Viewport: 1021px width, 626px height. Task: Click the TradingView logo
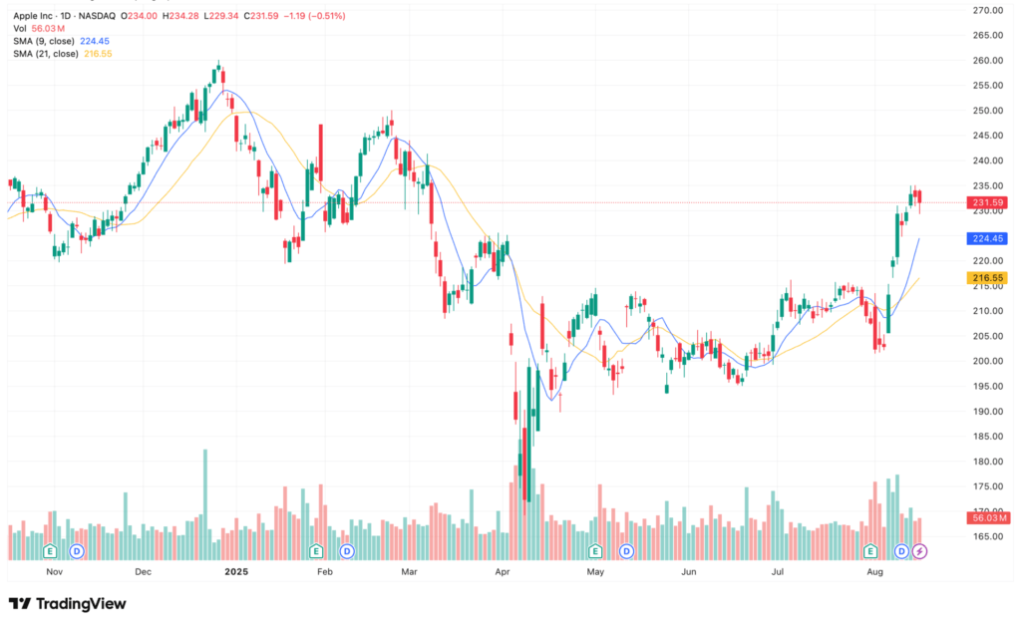(67, 603)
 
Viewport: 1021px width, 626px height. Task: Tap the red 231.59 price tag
(988, 203)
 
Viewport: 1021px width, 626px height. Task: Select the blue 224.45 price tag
(988, 239)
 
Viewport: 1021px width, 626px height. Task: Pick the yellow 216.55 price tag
(988, 278)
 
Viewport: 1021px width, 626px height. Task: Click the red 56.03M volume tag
(988, 517)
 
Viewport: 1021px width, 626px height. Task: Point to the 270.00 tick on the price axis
(987, 10)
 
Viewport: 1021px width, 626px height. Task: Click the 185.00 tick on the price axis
(987, 437)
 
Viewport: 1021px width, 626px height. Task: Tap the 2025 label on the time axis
(236, 572)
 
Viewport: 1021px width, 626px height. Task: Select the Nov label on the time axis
(55, 572)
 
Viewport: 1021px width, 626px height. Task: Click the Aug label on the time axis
(875, 572)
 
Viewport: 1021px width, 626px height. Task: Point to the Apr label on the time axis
(503, 572)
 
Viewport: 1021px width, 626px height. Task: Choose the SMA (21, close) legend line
(63, 53)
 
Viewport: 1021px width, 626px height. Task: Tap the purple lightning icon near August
(920, 550)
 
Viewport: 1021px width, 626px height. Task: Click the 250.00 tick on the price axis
(987, 111)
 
